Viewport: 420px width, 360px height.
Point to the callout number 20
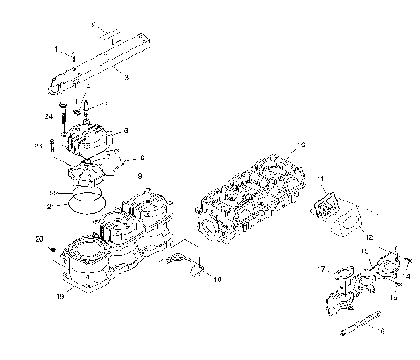click(x=39, y=239)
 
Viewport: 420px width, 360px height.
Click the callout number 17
click(x=321, y=268)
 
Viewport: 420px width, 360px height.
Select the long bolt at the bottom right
click(x=358, y=323)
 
